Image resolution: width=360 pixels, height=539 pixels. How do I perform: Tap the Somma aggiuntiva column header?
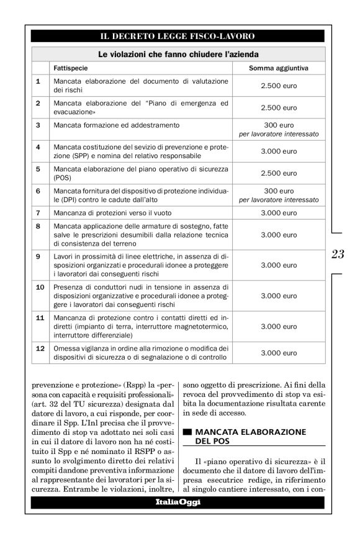279,68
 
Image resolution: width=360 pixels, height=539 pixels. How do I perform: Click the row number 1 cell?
38,81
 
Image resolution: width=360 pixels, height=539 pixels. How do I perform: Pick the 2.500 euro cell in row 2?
279,107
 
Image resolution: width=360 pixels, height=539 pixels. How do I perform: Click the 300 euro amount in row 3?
279,125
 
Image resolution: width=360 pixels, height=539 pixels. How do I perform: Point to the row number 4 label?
38,147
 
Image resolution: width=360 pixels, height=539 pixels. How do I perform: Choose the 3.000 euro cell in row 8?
279,235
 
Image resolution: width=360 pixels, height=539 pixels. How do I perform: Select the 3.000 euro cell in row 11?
279,326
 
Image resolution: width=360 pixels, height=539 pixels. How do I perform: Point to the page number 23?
338,254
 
